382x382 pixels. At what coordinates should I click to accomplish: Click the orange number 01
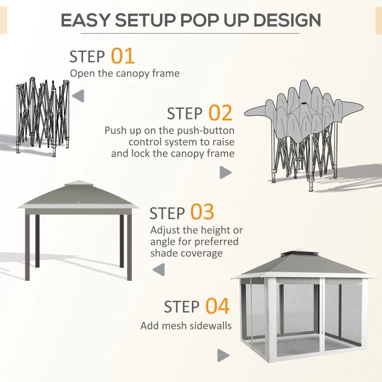pos(123,56)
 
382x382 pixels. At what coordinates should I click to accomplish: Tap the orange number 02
pos(220,114)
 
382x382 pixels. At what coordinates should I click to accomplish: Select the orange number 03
pos(202,212)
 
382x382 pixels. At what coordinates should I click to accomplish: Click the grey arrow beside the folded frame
pos(78,96)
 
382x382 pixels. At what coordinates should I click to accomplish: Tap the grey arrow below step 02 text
pos(225,173)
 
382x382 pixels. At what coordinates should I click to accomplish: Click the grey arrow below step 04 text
pos(223,355)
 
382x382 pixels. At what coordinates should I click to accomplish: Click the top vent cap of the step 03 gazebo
pos(78,184)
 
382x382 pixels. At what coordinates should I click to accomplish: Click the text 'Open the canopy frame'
pos(125,74)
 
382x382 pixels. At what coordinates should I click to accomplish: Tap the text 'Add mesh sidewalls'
pos(186,326)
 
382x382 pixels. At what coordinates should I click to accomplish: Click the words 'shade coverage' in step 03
pos(186,253)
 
